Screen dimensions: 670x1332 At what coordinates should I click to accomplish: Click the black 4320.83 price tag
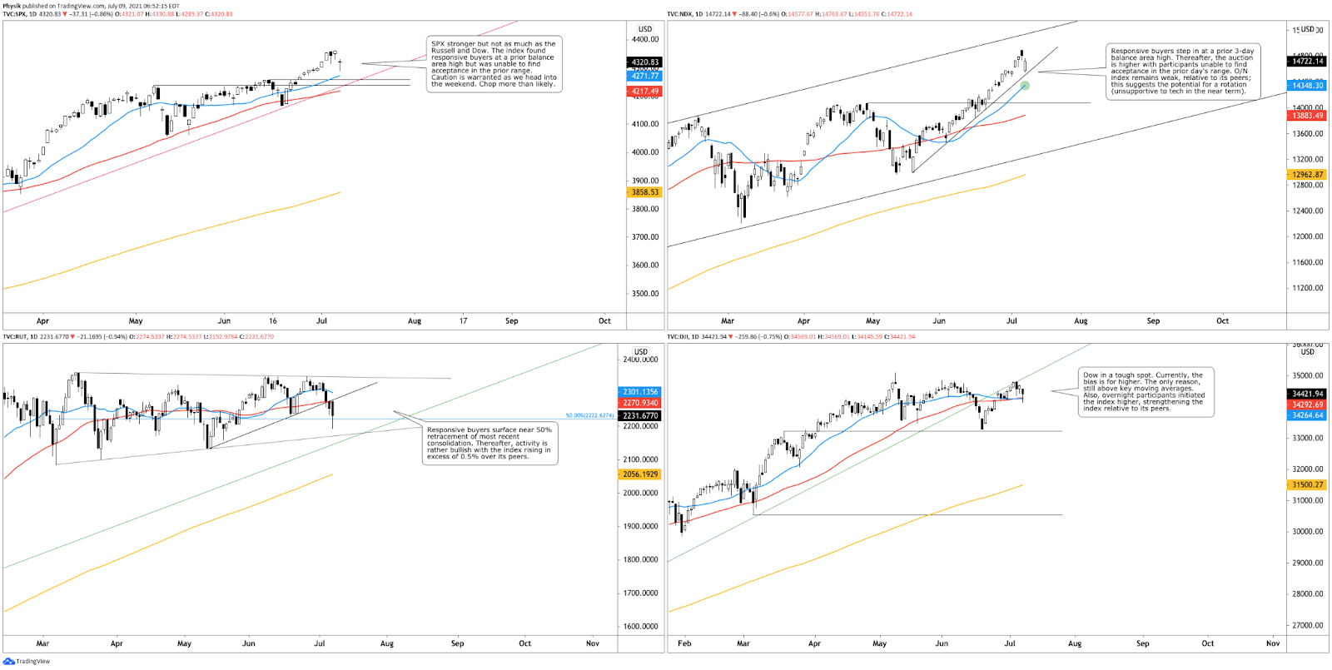[645, 62]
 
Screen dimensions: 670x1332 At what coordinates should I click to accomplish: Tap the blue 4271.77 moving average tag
[645, 76]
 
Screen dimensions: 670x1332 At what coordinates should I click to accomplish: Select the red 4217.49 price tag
[645, 92]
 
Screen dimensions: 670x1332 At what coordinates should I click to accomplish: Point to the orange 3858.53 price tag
[645, 192]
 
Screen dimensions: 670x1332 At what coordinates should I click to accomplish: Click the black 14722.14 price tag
[1307, 62]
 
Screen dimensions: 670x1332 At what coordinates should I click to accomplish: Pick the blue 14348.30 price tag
[1307, 86]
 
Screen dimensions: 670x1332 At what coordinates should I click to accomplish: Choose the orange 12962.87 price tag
[1307, 175]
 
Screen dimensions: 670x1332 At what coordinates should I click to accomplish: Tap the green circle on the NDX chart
[1025, 86]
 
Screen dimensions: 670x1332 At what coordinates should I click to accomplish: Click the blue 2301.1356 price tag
[640, 392]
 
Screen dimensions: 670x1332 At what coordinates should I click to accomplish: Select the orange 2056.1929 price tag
[640, 474]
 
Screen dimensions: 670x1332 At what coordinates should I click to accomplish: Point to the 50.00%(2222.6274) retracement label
[589, 415]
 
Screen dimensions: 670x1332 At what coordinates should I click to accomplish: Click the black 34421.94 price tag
[1307, 394]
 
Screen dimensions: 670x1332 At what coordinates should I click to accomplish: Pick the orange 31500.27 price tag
[1307, 484]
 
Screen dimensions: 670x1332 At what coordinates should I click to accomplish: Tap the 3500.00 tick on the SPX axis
[645, 294]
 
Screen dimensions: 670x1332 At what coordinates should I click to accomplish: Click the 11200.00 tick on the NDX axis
[1307, 288]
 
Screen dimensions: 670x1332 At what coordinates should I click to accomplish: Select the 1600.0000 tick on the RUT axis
[640, 627]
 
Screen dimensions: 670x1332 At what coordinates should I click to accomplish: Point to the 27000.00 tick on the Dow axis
[1307, 625]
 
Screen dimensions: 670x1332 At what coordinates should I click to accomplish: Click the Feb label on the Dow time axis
[684, 643]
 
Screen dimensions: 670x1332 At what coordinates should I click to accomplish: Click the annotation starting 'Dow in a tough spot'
[1145, 392]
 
